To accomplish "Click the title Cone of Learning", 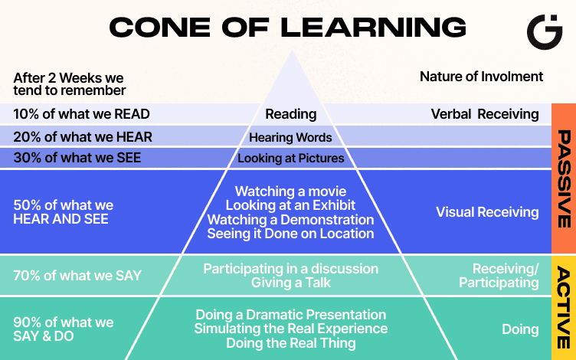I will pos(287,28).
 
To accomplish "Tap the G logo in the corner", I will pos(545,31).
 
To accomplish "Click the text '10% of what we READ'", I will pos(81,114).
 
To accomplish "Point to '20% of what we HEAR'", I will pos(83,137).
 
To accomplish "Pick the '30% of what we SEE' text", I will pos(77,159).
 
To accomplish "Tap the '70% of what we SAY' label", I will pos(77,276).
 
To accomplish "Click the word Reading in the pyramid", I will pos(291,114).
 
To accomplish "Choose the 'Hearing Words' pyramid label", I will pos(291,138).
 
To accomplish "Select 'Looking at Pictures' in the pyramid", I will pos(291,159).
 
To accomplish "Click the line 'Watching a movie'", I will pos(291,191).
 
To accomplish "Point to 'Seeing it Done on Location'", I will pos(291,234).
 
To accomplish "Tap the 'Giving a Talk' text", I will pos(291,283).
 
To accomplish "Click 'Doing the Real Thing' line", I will pos(291,344).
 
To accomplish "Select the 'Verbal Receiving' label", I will pos(485,114).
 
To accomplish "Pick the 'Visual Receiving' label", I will pos(487,212).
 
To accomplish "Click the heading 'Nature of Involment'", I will pos(481,77).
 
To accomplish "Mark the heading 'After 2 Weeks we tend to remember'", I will pos(69,84).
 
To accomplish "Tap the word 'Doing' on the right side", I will pos(520,329).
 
